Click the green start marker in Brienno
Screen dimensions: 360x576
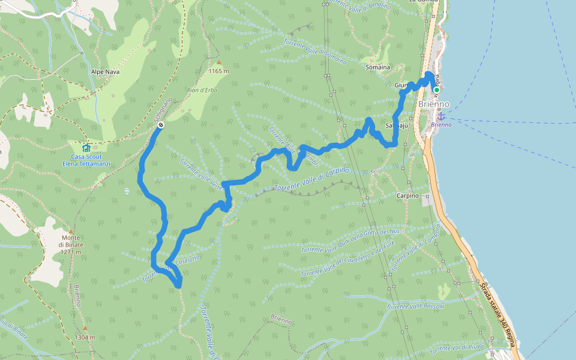(x=437, y=90)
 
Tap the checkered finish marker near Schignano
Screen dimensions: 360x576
(x=161, y=125)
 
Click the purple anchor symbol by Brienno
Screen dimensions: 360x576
(x=442, y=115)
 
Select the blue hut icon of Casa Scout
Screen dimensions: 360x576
(x=86, y=148)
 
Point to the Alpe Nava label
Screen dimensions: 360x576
(x=105, y=71)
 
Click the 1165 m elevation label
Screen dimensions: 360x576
(x=219, y=71)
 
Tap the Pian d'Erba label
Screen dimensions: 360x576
(x=202, y=91)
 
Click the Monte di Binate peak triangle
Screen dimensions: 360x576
(x=70, y=231)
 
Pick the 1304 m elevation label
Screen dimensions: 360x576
(x=85, y=337)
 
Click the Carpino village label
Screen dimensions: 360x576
(x=407, y=196)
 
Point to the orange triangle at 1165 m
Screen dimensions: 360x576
(x=219, y=62)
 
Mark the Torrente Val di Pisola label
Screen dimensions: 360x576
(x=457, y=347)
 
